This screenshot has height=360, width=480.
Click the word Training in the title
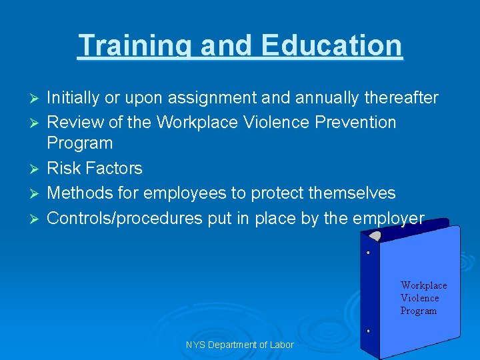click(134, 46)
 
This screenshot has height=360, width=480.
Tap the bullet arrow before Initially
click(37, 99)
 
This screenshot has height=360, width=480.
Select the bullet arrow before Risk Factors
click(37, 169)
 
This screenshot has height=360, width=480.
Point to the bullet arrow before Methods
click(37, 193)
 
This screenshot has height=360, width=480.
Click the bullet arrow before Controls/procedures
click(37, 218)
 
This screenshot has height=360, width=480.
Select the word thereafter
click(401, 99)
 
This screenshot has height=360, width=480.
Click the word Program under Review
click(79, 143)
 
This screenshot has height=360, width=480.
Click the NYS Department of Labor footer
click(239, 345)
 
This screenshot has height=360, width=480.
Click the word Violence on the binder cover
click(419, 298)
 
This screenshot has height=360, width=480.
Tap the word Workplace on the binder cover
click(423, 285)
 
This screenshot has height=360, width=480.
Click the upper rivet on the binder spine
click(368, 253)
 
